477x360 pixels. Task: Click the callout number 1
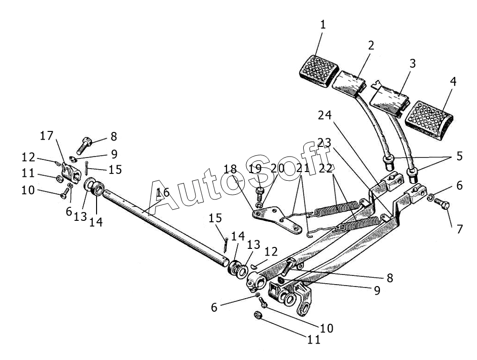(323, 25)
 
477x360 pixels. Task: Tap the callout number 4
(453, 82)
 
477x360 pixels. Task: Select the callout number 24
(325, 115)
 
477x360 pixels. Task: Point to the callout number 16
(163, 192)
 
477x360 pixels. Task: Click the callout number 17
(46, 136)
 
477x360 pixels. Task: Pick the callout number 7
(459, 229)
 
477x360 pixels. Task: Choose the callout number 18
(230, 169)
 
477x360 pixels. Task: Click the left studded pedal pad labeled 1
(319, 71)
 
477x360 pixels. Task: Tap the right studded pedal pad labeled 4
(429, 120)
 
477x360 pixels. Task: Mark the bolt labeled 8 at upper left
(84, 145)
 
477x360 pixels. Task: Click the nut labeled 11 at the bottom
(258, 316)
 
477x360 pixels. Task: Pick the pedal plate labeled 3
(390, 99)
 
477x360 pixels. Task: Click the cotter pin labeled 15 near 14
(225, 245)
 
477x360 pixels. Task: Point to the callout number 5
(459, 156)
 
